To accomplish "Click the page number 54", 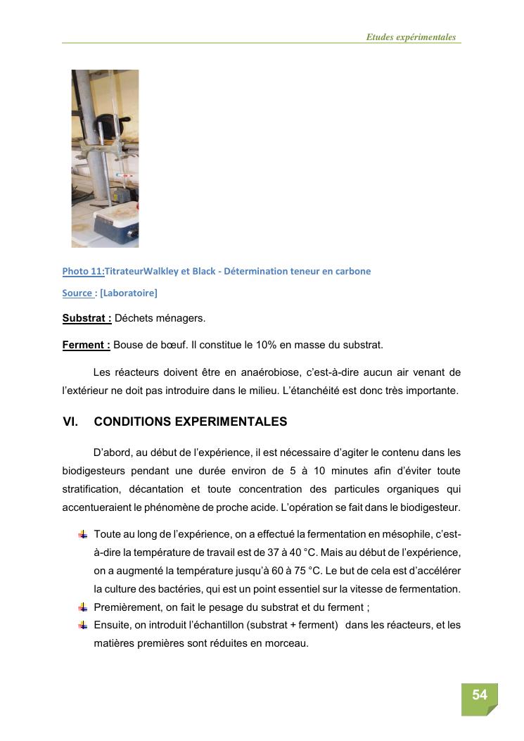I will [479, 695].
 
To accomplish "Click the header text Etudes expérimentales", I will [411, 37].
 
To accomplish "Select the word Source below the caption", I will [77, 293].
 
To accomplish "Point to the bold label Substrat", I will [87, 318].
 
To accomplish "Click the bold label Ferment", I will [86, 345].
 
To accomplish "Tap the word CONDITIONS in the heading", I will [132, 422].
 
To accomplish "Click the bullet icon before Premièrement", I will [83, 607].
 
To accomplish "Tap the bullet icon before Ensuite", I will [83, 625].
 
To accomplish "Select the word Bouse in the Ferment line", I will [127, 345].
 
